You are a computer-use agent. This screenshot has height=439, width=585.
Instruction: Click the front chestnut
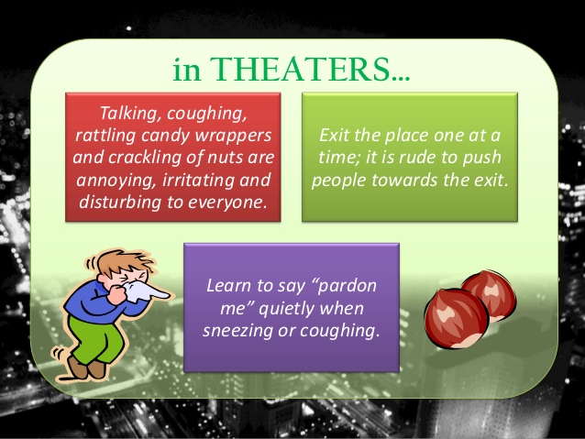click(452, 316)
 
